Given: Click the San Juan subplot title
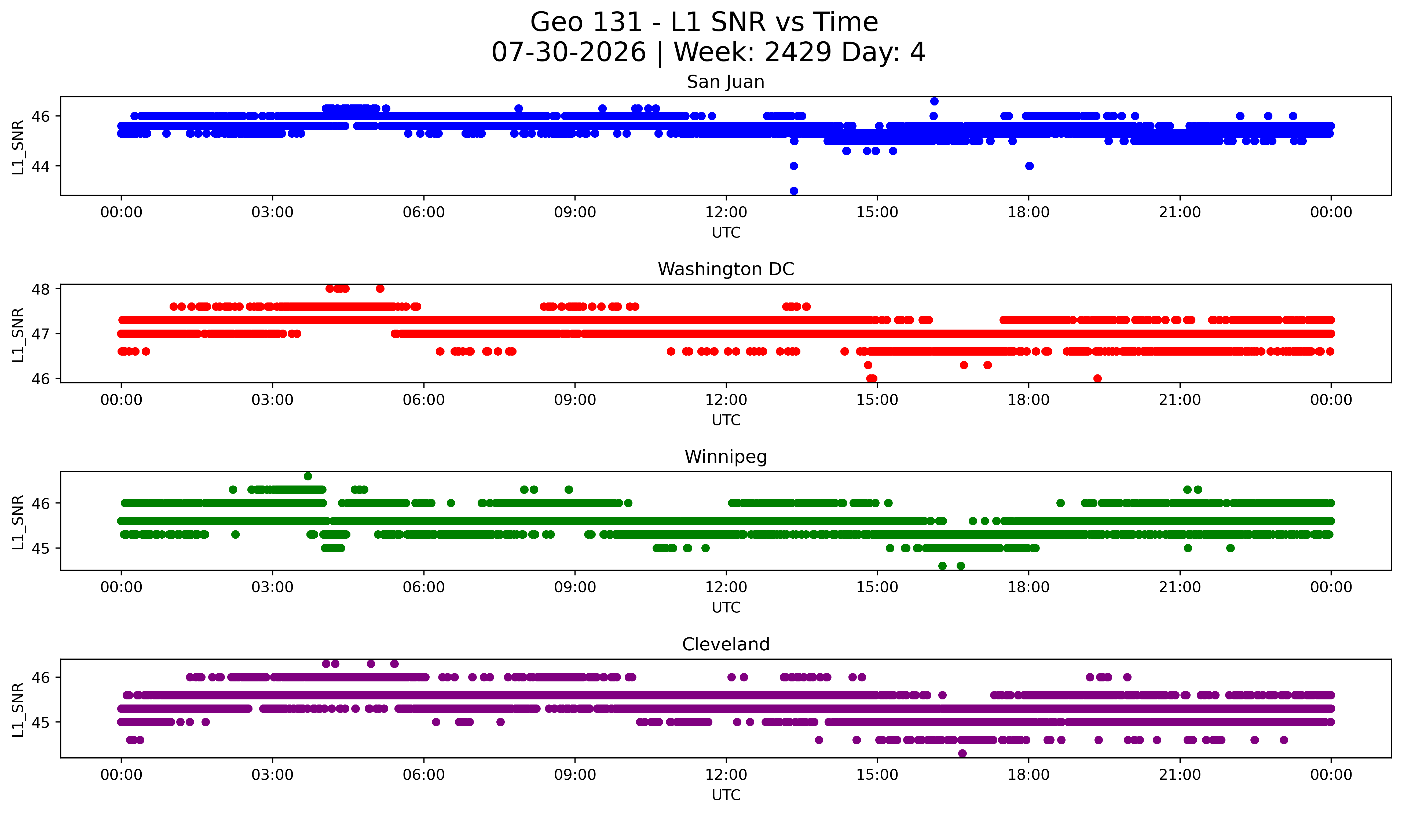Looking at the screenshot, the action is point(726,82).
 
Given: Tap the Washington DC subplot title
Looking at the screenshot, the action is point(726,269).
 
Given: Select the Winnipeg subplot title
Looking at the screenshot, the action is point(726,457).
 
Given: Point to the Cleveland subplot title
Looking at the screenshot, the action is point(726,644).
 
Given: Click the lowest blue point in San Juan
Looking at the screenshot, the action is point(794,191).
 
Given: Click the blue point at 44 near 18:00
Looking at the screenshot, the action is point(1029,166).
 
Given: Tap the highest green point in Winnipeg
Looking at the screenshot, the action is point(308,476).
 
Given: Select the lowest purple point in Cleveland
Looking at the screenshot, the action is point(962,753).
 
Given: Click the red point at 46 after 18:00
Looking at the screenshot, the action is point(1097,378).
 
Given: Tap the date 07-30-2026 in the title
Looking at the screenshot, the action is point(569,52).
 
